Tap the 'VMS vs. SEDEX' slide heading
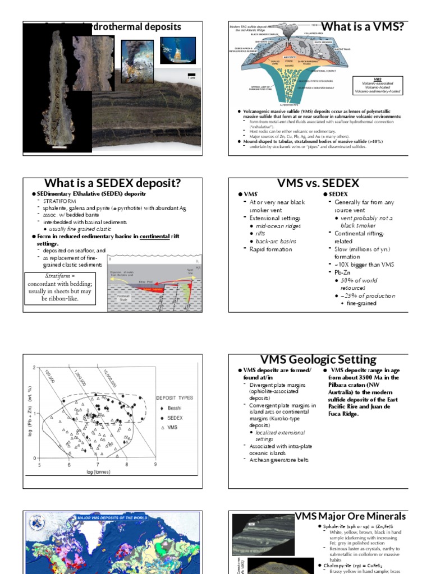point(318,183)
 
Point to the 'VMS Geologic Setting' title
point(318,359)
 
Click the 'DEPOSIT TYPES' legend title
point(174,397)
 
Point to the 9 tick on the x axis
point(155,464)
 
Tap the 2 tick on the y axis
point(34,368)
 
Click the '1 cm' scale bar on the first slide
point(191,76)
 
